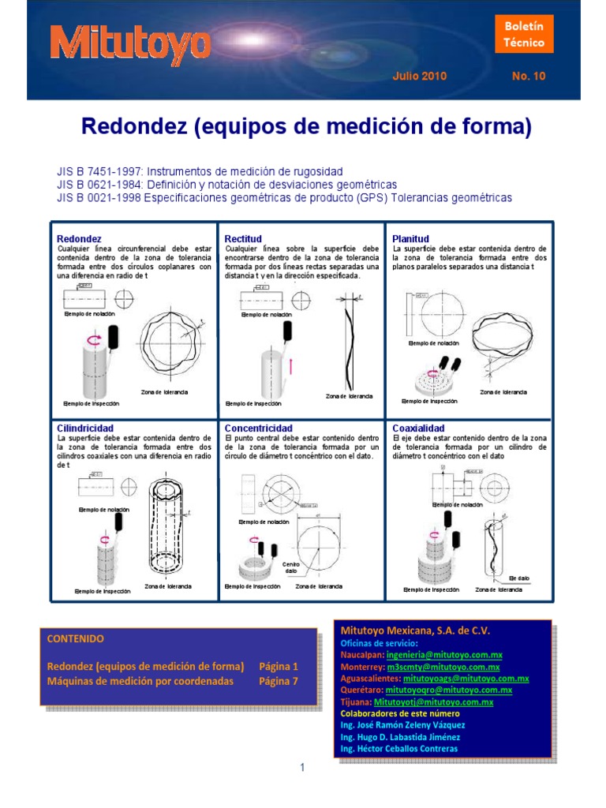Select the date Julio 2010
click(x=419, y=77)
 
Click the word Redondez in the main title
click(x=131, y=126)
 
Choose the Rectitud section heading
click(x=243, y=238)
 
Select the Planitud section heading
click(x=410, y=238)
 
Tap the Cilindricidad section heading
click(x=84, y=427)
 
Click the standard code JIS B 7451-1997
click(x=99, y=171)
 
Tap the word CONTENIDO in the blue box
click(x=76, y=638)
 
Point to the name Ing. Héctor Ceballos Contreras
click(x=398, y=748)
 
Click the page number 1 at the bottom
click(x=302, y=768)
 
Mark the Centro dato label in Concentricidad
click(x=290, y=568)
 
